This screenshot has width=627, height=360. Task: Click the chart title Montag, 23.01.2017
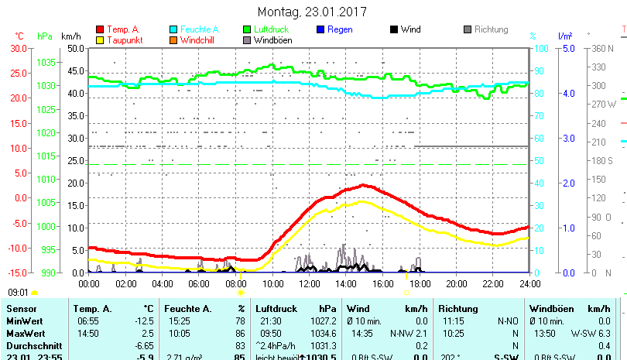pos(312,12)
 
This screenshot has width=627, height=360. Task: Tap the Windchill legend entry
pos(198,40)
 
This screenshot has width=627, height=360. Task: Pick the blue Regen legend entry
pos(340,29)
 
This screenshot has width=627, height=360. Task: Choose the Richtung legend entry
pos(491,29)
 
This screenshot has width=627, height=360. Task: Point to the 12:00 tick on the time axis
pos(309,283)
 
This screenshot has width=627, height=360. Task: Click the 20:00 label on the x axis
pos(456,283)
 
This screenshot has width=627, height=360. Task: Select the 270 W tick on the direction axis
pos(605,104)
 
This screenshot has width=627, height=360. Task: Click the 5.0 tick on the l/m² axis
pos(567,48)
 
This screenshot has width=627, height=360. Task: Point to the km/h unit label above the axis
pos(70,36)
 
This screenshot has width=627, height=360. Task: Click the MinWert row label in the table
pos(24,321)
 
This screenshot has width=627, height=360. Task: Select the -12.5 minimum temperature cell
pos(144,321)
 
